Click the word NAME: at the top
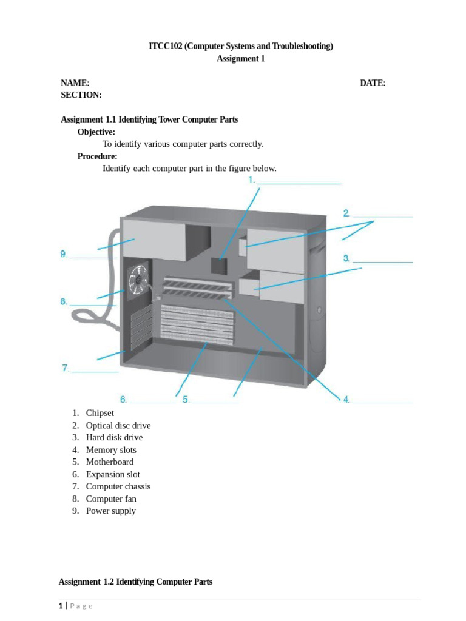pos(75,83)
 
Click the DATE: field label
pos(373,83)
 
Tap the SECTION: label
pos(81,95)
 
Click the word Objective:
pos(96,132)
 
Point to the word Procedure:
pos(98,156)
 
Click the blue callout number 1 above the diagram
pos(251,181)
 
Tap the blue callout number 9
pos(64,255)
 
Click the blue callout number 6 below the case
pos(123,400)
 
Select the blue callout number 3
pos(346,258)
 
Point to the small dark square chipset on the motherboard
pos(218,264)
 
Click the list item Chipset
pos(100,413)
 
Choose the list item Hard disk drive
pos(114,437)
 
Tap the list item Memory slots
pos(111,450)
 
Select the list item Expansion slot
pos(113,474)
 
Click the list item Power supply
pos(111,511)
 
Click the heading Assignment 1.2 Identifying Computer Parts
pos(135,582)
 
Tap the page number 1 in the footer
pos(61,606)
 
